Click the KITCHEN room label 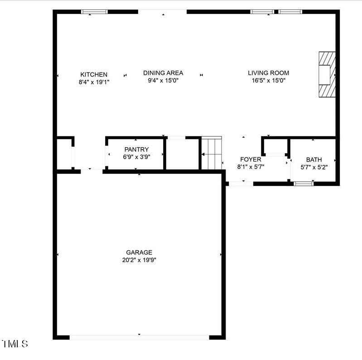click(x=94, y=75)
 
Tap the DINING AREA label click(x=163, y=73)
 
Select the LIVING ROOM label click(x=268, y=73)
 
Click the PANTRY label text click(x=136, y=150)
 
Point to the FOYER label click(x=251, y=160)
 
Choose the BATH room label click(x=314, y=160)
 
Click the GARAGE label click(x=139, y=253)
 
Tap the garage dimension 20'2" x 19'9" click(x=139, y=260)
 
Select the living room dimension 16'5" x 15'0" click(x=268, y=81)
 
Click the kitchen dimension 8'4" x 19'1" click(x=94, y=82)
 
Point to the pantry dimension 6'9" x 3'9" click(x=136, y=157)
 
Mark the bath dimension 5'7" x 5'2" click(x=314, y=167)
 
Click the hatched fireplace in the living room click(x=327, y=74)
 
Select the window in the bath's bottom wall click(x=304, y=184)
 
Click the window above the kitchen click(x=94, y=12)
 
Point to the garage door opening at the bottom click(x=139, y=337)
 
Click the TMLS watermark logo click(x=15, y=344)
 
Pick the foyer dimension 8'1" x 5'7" click(x=251, y=167)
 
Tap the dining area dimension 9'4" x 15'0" click(x=163, y=81)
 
